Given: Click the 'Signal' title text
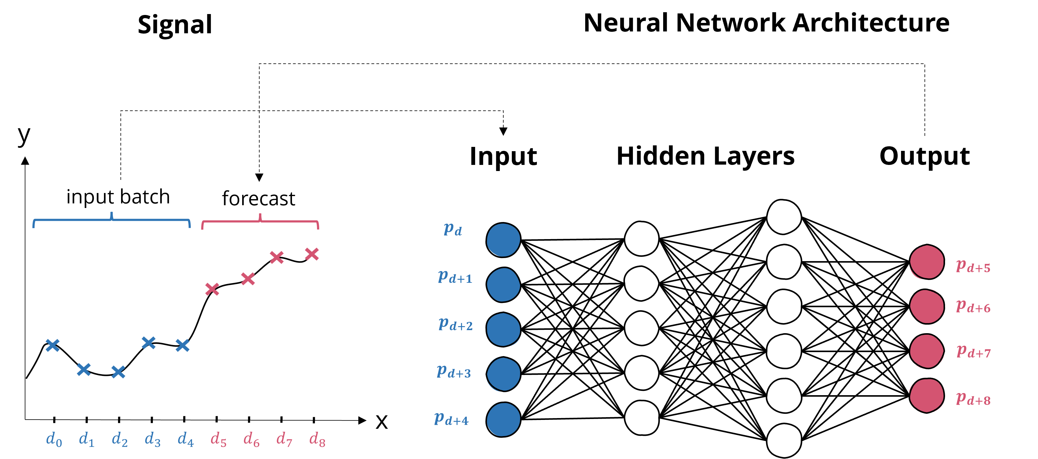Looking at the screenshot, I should [175, 25].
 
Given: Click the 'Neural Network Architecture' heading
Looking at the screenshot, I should [766, 23].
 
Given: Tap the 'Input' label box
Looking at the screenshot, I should [503, 152].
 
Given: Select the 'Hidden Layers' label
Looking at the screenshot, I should [705, 152].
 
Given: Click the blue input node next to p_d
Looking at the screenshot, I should [503, 240].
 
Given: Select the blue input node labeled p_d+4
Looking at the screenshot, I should [503, 420].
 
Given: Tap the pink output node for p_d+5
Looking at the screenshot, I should [926, 262].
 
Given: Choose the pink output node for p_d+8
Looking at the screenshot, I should [926, 396].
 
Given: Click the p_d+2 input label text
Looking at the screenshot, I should [455, 325].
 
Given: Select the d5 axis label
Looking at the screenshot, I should [218, 439].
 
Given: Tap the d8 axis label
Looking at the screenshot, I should [317, 439].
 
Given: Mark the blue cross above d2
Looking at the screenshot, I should [118, 372].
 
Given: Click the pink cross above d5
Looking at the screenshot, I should [212, 289].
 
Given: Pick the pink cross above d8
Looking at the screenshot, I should [312, 254].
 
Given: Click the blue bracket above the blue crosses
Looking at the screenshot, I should [111, 220].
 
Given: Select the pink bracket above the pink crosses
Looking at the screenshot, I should [260, 221].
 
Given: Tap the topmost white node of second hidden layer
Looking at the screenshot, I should [784, 217].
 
